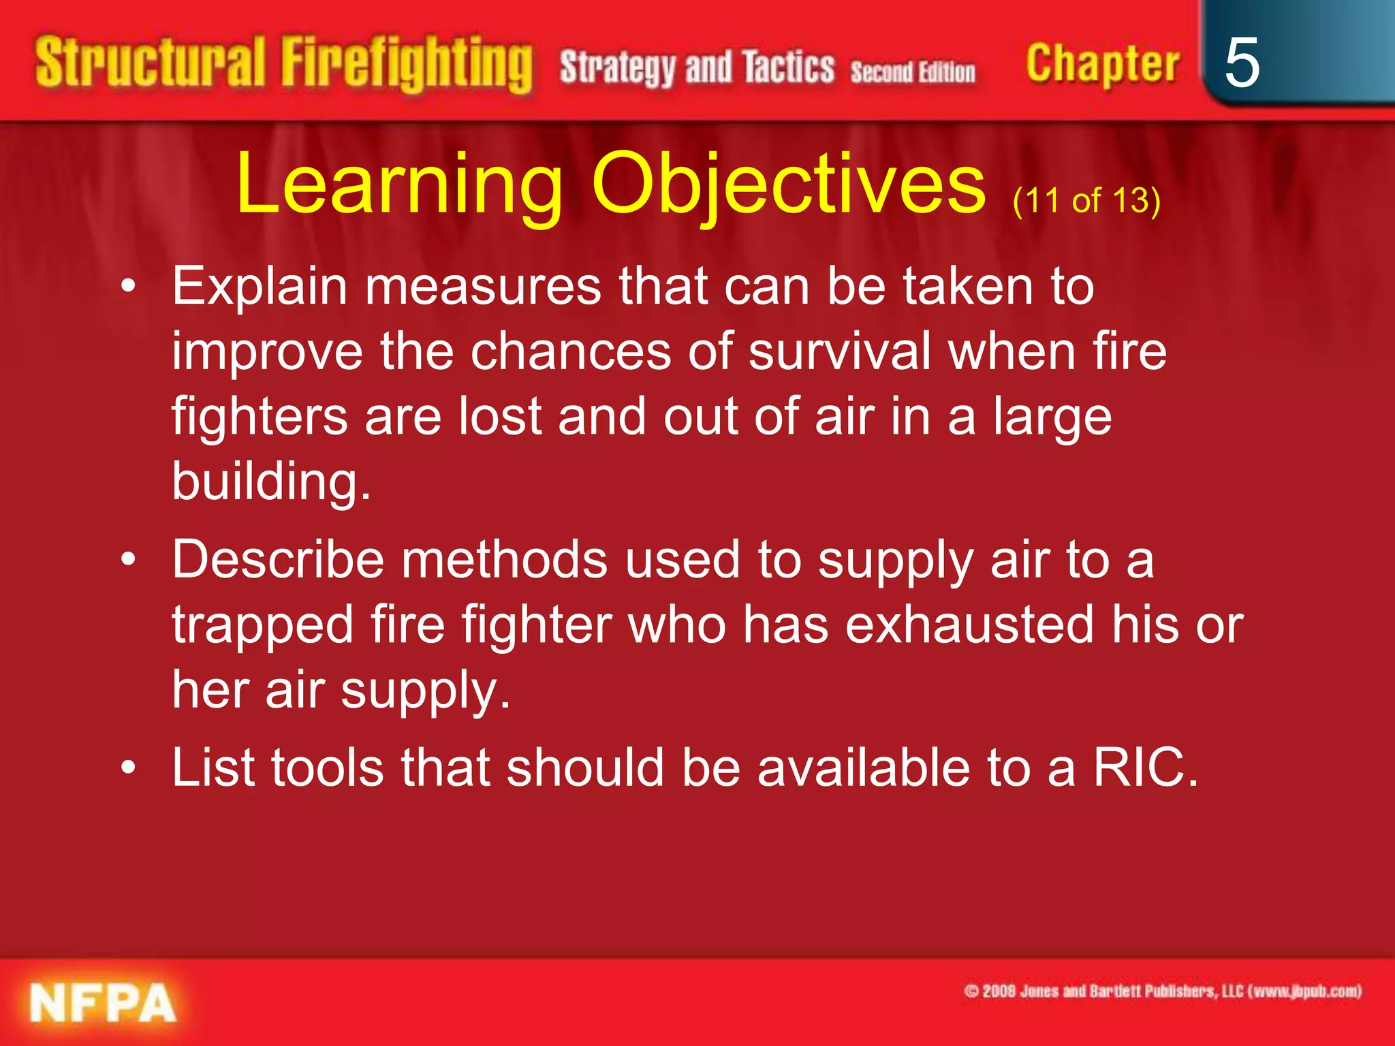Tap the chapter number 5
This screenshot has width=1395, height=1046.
coord(1241,63)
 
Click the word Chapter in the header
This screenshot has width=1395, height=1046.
coord(1102,63)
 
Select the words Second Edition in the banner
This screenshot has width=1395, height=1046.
coord(912,72)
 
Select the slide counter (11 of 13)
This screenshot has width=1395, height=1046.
coord(1086,200)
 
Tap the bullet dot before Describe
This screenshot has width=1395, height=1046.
coord(128,560)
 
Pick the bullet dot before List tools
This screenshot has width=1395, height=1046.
coord(128,768)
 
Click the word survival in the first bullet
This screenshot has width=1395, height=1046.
coord(839,351)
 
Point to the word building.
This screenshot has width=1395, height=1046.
coord(270,481)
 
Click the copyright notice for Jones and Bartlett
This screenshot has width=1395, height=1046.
coord(1162,991)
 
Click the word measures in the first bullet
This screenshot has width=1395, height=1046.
coord(483,286)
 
